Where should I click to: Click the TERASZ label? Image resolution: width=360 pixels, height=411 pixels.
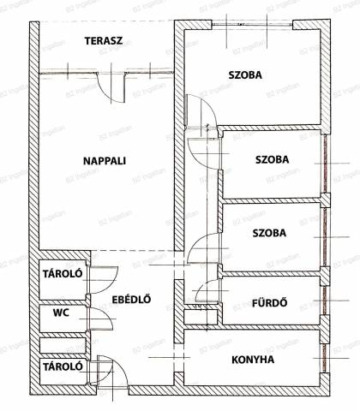[104, 41]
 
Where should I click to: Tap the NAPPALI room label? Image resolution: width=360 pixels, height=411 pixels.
[105, 161]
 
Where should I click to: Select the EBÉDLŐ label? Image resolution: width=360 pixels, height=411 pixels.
[131, 300]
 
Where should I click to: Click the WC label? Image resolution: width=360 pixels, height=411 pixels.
[61, 313]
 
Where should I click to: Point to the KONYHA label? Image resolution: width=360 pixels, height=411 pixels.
[253, 360]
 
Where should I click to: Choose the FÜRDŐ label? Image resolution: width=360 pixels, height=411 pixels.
[269, 303]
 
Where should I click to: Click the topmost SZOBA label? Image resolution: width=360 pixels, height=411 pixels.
[245, 75]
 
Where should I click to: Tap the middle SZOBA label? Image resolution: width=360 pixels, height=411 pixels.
[272, 159]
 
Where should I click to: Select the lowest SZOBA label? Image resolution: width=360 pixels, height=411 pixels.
[269, 233]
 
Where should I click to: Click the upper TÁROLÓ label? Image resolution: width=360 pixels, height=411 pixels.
[63, 274]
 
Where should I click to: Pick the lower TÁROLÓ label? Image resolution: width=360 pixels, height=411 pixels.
[63, 366]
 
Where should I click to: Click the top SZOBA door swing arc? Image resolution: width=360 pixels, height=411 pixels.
[212, 105]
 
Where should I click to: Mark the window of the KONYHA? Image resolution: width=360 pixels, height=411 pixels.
[324, 358]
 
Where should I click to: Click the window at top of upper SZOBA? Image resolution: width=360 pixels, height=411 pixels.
[252, 25]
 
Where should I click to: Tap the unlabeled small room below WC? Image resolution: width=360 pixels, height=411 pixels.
[63, 346]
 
